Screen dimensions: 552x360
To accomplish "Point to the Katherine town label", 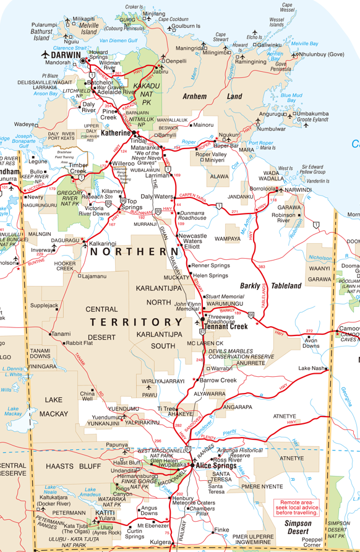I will (116, 132).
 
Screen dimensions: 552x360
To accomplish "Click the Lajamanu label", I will (93, 275).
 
